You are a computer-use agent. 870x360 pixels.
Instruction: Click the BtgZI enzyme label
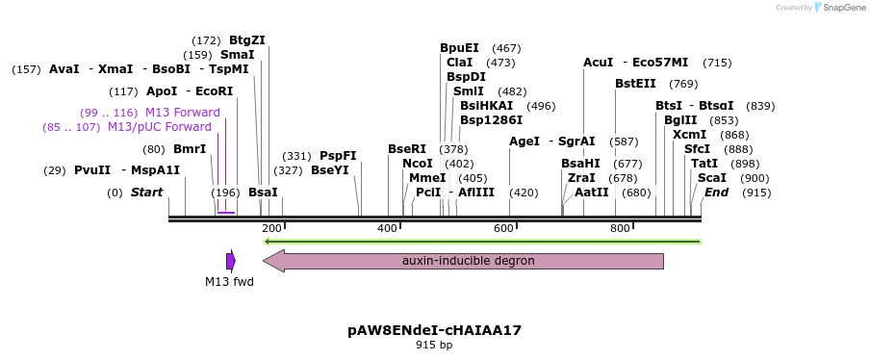coord(246,40)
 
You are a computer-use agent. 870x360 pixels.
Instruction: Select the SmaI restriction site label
coord(238,55)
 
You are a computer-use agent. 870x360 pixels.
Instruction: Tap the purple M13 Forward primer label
coord(183,113)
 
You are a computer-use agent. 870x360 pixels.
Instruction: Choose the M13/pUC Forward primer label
coord(160,127)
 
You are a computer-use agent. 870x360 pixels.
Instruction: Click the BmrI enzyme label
coord(190,149)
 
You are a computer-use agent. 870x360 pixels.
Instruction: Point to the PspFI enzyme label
coord(338,156)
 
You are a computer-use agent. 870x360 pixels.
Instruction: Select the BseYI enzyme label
coord(330,170)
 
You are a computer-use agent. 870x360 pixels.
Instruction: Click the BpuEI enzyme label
coord(459,48)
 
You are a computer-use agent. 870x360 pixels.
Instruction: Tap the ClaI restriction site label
coord(459,63)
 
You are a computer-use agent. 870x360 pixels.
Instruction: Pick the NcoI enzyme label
coord(418,164)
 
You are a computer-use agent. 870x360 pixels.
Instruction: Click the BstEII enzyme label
coord(635,84)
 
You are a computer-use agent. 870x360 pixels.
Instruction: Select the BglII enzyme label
coord(679,120)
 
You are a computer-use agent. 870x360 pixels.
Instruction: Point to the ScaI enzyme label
coord(712,178)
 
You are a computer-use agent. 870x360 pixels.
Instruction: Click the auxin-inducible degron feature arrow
coord(467,261)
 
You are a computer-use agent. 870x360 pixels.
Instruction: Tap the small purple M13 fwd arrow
coord(231,261)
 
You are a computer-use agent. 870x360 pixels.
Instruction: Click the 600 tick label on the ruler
coord(502,228)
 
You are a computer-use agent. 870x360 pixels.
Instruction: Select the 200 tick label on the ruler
coord(271,228)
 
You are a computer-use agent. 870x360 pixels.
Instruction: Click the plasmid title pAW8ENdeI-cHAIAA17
coord(434,330)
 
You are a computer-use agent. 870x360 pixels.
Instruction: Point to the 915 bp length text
coord(434,345)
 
